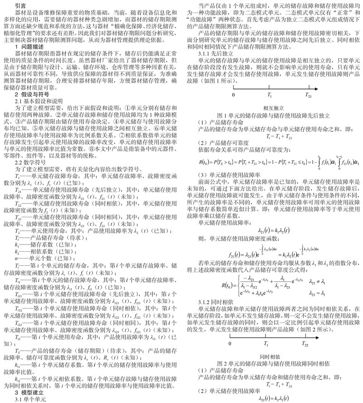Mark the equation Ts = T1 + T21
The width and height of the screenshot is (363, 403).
click(273, 135)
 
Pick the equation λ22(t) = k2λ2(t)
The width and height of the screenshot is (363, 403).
click(273, 398)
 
